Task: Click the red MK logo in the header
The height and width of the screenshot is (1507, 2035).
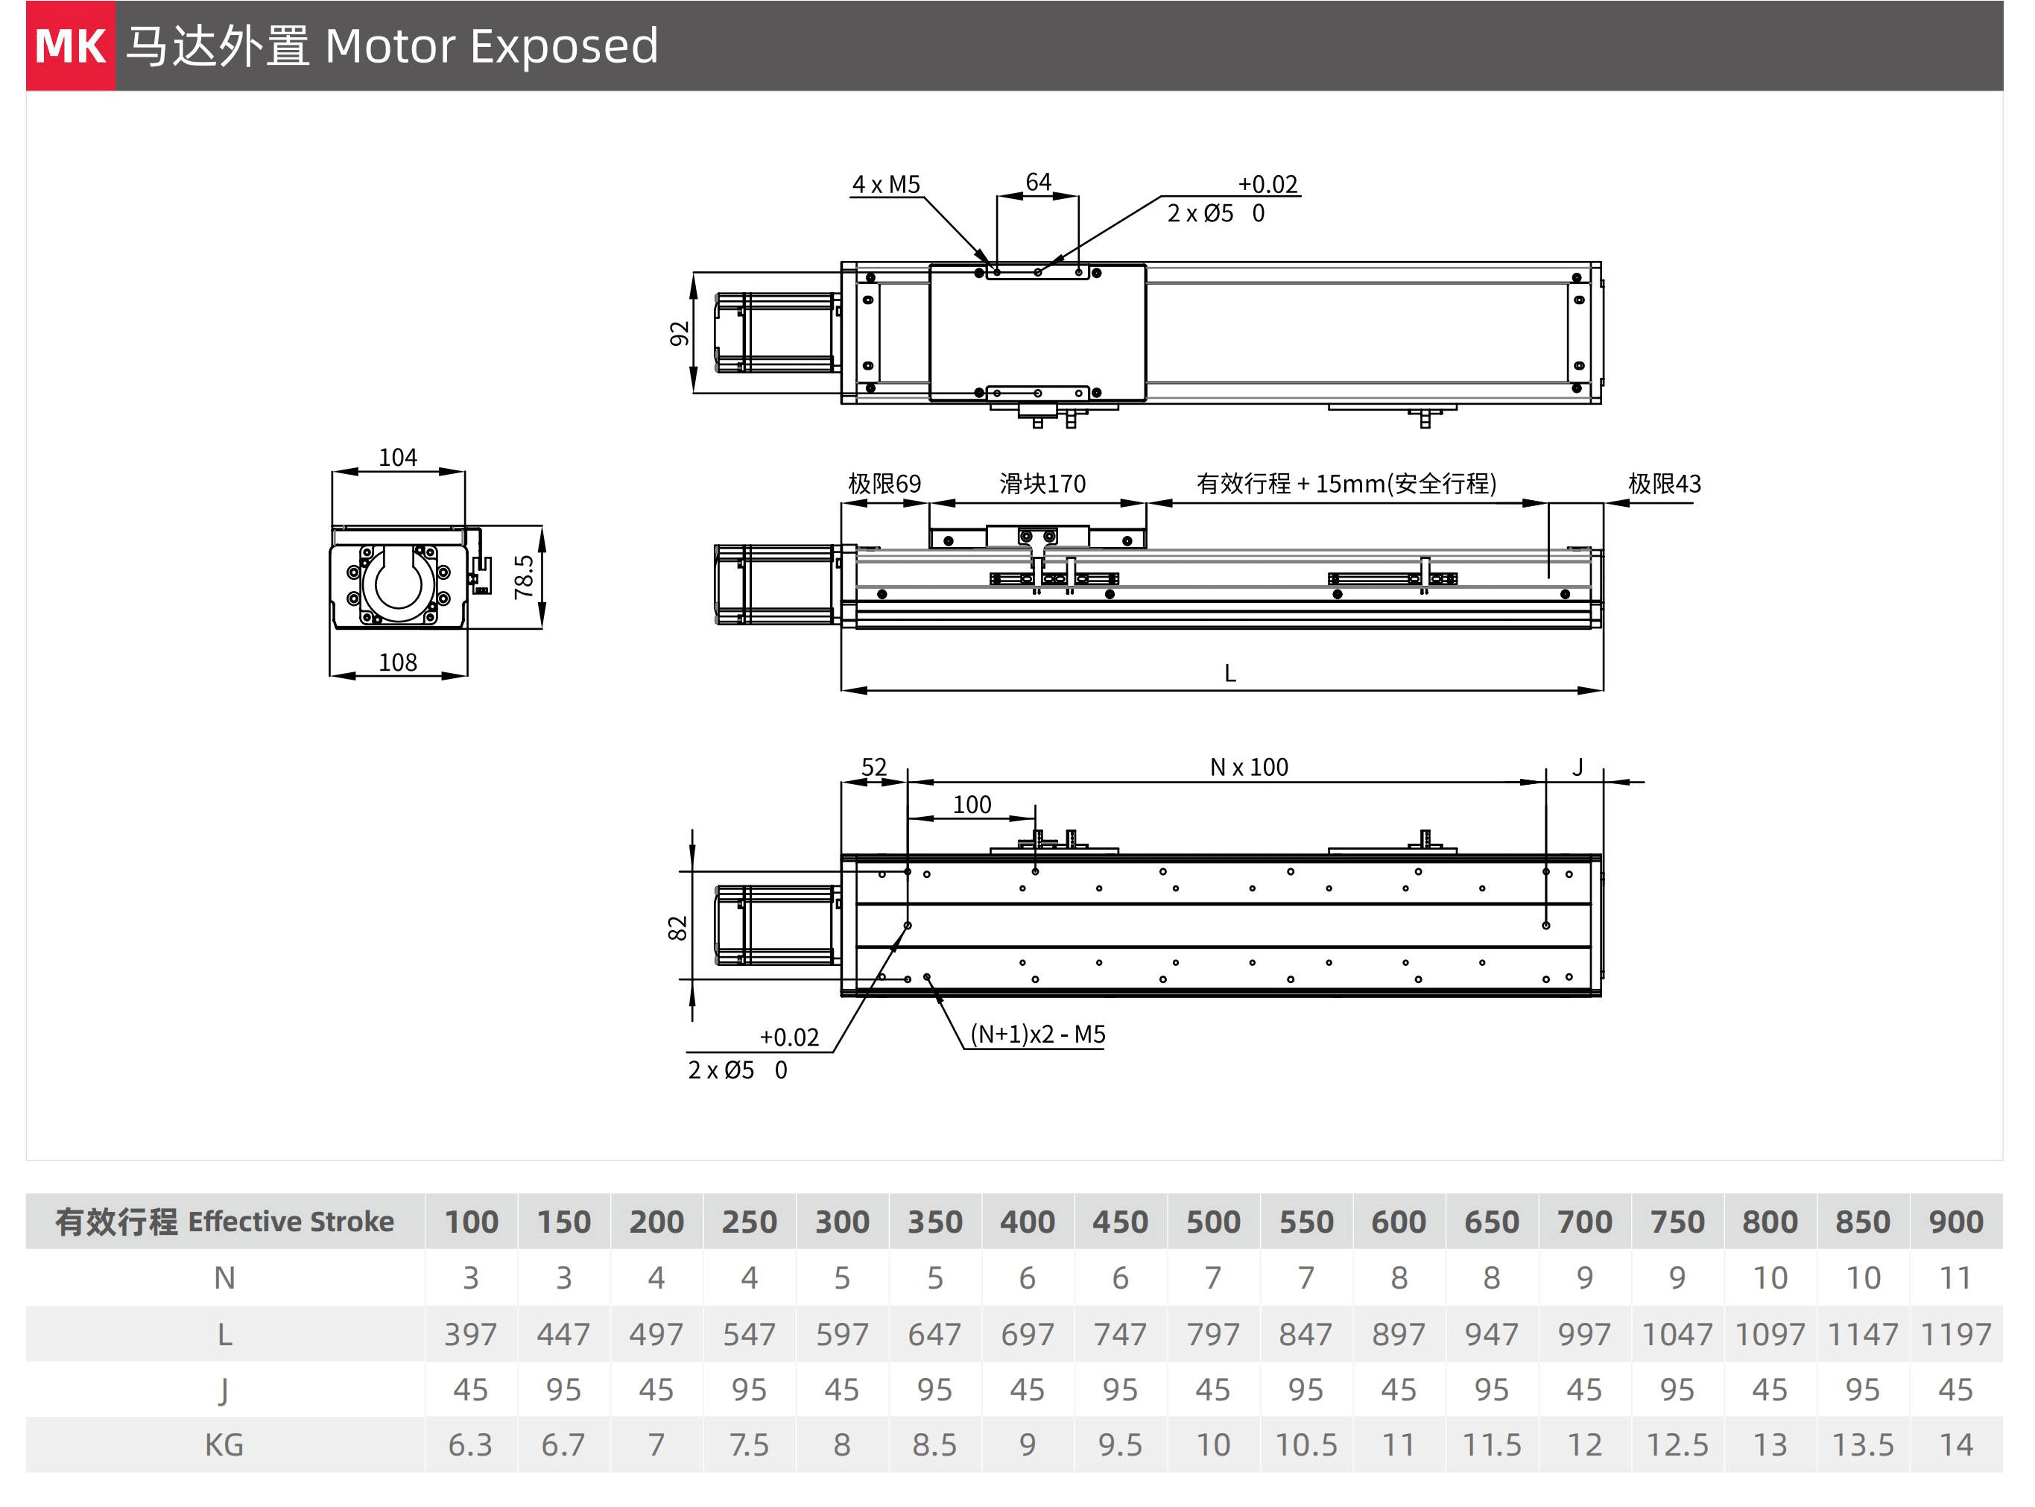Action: [70, 45]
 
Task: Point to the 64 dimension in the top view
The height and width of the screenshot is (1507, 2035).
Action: [1037, 183]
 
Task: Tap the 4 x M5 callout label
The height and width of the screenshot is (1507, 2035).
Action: [886, 184]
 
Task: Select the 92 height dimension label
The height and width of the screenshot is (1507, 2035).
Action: [679, 334]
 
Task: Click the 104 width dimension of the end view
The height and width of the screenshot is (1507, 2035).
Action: [398, 457]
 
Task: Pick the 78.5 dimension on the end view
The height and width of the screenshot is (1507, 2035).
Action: [524, 577]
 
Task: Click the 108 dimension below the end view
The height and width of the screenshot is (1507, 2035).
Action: [398, 663]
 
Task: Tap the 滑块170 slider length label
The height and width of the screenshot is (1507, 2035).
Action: [1042, 484]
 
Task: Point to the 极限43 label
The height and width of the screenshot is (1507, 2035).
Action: [1664, 484]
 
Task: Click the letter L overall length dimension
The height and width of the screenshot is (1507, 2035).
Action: [1229, 673]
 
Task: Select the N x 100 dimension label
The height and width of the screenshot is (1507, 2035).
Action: [1249, 767]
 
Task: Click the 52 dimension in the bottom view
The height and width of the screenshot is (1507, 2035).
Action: [874, 767]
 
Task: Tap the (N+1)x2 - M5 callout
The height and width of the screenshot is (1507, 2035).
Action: [1037, 1034]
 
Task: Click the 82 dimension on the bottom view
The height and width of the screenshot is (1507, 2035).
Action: [677, 929]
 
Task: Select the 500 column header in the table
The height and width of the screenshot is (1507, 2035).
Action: [1212, 1222]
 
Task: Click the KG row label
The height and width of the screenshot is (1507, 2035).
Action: [224, 1445]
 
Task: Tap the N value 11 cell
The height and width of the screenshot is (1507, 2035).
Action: [1955, 1278]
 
